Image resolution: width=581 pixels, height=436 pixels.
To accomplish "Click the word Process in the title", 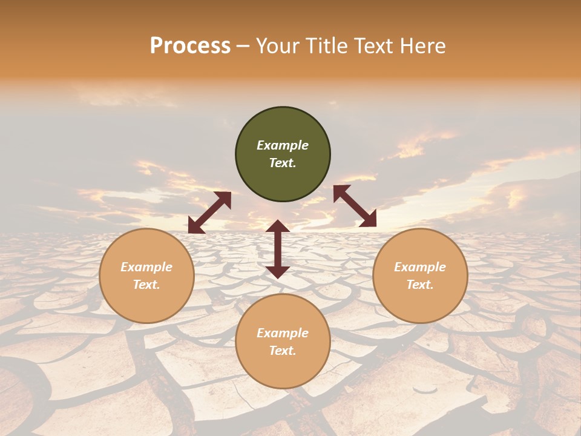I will point(190,46).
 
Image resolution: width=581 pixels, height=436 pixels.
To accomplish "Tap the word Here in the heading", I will point(422,46).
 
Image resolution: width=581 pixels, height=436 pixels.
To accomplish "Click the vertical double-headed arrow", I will point(278,249).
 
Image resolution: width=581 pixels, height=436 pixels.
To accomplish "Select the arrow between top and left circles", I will point(209,213).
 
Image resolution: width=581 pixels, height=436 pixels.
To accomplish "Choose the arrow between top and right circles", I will point(355,206).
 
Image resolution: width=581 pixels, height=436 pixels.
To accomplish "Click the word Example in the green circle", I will point(283,145).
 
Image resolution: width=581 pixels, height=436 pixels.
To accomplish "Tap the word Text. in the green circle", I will point(283,163).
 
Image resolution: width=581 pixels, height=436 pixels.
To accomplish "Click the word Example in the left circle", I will point(146,267).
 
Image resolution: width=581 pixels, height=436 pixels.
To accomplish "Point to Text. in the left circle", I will point(146,285).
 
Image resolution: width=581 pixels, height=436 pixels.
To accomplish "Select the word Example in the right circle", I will point(420,267).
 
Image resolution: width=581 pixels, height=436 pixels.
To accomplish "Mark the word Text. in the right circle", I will point(420,285).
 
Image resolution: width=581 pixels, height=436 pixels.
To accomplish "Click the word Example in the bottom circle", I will point(283,333).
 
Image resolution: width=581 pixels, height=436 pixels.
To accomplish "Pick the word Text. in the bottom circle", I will point(283,351).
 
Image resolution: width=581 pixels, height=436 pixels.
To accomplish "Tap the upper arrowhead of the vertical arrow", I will point(278,227).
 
